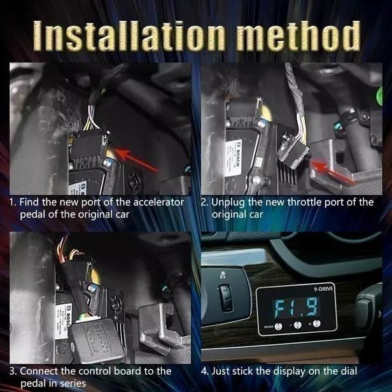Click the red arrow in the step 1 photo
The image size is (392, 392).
(137, 161)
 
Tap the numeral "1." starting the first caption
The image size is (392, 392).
(13, 202)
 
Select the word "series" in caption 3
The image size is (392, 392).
(71, 383)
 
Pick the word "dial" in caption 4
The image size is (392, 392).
(347, 370)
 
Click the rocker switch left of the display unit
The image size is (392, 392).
(225, 296)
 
